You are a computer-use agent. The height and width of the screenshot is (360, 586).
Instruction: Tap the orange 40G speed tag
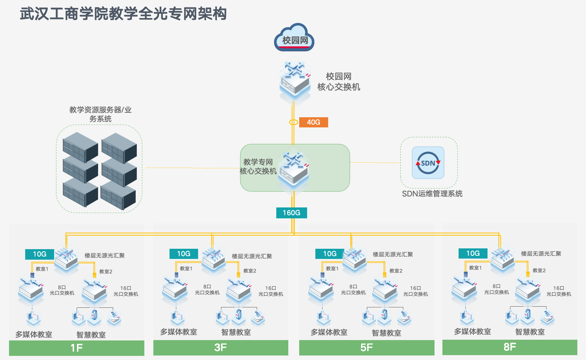click(313, 122)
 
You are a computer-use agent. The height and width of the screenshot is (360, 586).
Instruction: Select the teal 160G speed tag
click(292, 213)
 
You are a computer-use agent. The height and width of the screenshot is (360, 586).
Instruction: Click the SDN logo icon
click(428, 163)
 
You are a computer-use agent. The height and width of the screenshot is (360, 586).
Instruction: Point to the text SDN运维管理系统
click(432, 194)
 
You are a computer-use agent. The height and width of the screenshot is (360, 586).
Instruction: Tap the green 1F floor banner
click(77, 348)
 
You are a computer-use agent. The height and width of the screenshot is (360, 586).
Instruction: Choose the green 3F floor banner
click(221, 347)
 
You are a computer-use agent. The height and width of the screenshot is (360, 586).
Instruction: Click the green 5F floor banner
click(366, 347)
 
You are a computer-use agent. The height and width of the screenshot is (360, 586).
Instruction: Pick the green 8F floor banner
click(510, 347)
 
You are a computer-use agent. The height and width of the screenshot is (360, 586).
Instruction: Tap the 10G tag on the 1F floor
click(39, 254)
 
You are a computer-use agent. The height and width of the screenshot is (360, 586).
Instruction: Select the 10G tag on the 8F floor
click(473, 254)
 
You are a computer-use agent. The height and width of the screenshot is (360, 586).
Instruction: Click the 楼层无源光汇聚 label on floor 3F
click(252, 256)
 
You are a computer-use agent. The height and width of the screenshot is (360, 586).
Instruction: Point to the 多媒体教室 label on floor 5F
click(329, 332)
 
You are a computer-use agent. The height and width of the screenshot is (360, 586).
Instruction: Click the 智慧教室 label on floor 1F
click(91, 334)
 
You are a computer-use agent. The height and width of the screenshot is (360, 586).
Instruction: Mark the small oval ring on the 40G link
click(294, 122)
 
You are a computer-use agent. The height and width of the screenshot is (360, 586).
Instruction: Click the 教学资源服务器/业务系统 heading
click(100, 114)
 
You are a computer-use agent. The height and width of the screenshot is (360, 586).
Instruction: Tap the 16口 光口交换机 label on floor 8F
click(559, 291)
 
